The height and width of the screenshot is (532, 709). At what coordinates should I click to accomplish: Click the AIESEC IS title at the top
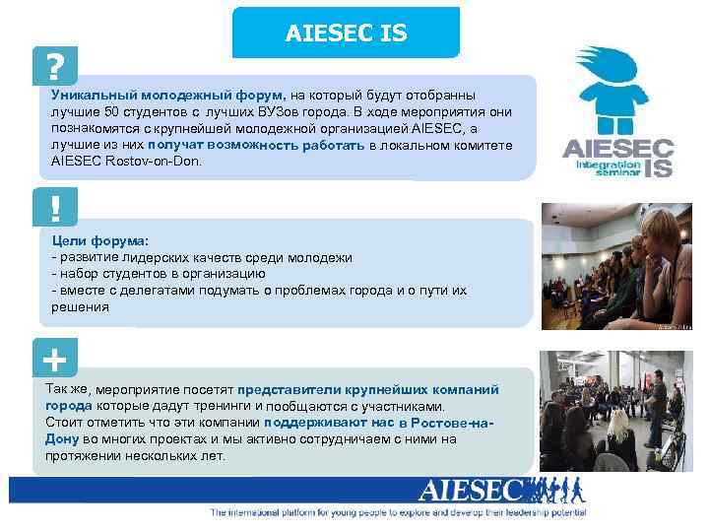346,33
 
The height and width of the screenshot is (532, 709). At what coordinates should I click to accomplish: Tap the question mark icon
55,66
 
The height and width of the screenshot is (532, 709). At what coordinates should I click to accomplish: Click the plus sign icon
55,361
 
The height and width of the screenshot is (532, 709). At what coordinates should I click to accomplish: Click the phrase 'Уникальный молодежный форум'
166,95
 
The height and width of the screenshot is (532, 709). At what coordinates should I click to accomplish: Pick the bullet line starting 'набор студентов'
158,273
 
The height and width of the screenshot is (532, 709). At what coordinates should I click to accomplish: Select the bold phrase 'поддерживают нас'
329,423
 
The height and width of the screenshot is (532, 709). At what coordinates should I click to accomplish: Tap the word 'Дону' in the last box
62,439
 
